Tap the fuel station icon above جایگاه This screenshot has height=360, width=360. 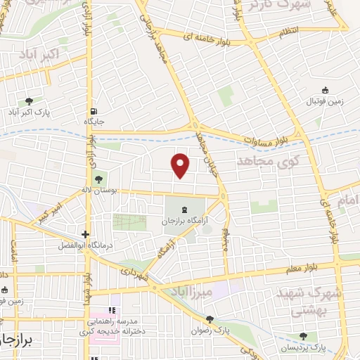tap(94, 111)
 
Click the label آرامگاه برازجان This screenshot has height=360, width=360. tap(178, 221)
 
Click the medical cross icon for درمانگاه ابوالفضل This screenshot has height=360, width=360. tap(85, 235)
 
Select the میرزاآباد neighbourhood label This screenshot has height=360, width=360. tap(188, 290)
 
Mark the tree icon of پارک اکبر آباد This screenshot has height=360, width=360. tap(28, 101)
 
